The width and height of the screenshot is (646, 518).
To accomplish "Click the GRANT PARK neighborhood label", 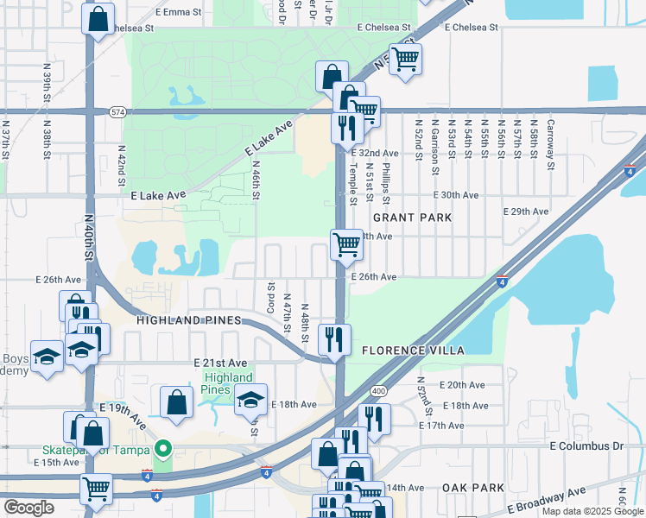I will (x=412, y=218).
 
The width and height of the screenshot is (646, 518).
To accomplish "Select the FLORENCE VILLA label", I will (x=413, y=351).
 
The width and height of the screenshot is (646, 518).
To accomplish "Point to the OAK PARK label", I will (x=472, y=488).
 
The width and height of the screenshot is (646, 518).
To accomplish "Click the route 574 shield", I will (x=117, y=111).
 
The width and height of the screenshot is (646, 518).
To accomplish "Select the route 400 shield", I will (x=380, y=390).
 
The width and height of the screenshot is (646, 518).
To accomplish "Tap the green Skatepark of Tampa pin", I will (x=161, y=448).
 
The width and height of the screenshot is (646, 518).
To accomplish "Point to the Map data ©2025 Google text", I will (x=592, y=511).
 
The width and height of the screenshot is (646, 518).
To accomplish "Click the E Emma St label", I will (x=178, y=13).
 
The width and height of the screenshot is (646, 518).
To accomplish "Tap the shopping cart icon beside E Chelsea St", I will (x=403, y=60).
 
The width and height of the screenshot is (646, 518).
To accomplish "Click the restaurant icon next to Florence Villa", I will (x=332, y=338).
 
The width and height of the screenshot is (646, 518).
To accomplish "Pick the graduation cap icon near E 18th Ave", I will (x=251, y=400).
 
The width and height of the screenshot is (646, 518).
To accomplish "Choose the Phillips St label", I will (x=387, y=181).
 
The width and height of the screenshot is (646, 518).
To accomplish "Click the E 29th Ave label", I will (x=526, y=212).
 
